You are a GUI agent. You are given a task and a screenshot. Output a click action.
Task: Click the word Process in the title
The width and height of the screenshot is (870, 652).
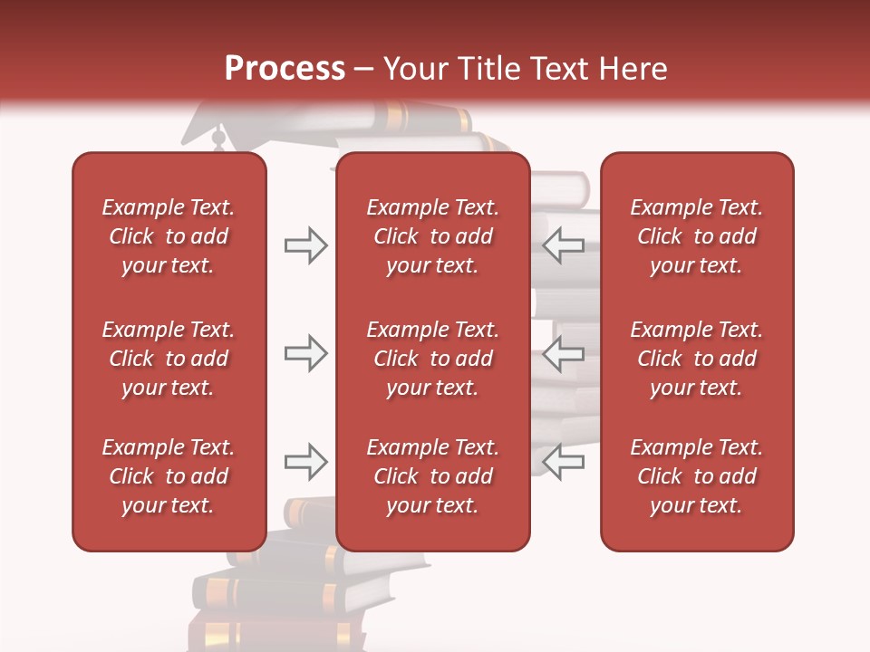pos(285,68)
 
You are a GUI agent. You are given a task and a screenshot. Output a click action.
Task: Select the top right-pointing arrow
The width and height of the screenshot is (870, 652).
pos(305,245)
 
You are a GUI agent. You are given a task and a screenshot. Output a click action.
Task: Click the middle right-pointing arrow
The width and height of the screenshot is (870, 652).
pos(305,353)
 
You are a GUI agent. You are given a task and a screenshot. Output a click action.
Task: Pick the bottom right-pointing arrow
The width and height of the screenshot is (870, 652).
pos(305,462)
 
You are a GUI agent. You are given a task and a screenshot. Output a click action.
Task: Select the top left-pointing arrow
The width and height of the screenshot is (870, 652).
pos(564,245)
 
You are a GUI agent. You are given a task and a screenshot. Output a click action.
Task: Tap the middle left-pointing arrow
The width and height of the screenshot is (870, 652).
pos(564,353)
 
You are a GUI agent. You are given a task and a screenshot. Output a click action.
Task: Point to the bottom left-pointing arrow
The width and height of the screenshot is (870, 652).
pos(564,462)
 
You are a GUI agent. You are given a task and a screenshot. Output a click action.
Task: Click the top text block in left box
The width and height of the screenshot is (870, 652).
pos(169,236)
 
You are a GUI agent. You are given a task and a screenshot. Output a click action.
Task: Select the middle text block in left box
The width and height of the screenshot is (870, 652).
pos(169,359)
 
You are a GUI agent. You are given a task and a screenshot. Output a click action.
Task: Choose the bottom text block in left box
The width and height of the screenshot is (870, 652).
pos(169,476)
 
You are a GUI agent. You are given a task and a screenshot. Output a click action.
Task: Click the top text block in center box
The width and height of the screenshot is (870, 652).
pos(433,236)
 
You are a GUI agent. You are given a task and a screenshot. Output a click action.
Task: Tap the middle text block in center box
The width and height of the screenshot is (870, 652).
pos(433,359)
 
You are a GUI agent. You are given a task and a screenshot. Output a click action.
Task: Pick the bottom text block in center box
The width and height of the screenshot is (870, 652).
pos(433,476)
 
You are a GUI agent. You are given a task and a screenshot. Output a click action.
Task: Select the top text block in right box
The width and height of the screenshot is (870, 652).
pos(697,236)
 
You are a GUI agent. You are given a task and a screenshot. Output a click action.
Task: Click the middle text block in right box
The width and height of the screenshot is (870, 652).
pos(697,359)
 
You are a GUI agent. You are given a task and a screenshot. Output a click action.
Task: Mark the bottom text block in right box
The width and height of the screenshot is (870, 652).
pos(697,476)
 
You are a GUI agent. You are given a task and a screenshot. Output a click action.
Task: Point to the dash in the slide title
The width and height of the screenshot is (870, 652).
pos(364,69)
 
